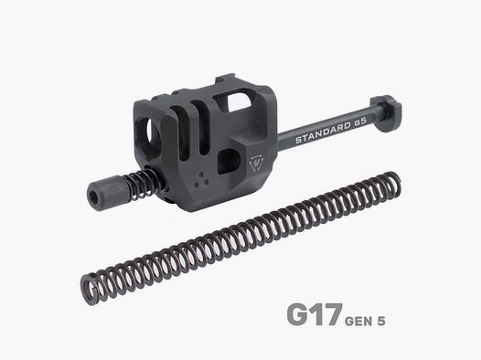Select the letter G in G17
298,314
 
